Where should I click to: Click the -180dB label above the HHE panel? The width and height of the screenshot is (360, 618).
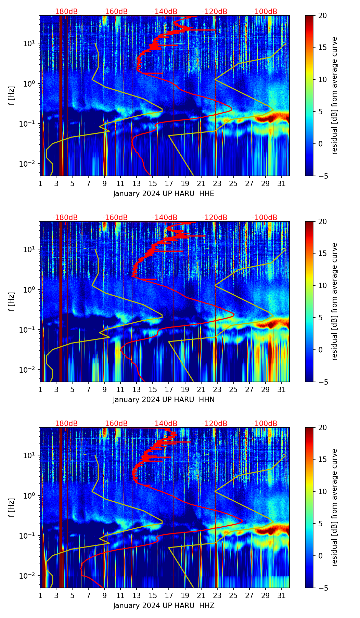click(x=65, y=12)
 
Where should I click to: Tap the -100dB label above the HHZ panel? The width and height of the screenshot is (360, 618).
click(x=265, y=424)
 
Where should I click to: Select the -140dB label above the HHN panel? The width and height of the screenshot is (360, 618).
click(x=165, y=218)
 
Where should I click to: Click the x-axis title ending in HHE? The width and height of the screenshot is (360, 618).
click(x=164, y=194)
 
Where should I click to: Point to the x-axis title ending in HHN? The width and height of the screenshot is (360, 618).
click(x=164, y=400)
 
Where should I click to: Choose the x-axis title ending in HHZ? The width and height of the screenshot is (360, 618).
click(x=164, y=606)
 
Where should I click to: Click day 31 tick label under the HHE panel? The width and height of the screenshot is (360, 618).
click(x=282, y=184)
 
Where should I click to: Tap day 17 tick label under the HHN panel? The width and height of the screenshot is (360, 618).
click(x=169, y=390)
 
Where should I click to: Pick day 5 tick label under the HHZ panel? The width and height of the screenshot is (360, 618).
click(x=72, y=596)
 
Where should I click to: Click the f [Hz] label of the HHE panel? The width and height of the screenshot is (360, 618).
click(x=12, y=95)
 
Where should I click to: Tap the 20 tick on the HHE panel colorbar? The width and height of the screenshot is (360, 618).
click(x=322, y=16)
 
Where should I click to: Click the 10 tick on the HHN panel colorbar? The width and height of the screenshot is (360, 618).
click(x=322, y=285)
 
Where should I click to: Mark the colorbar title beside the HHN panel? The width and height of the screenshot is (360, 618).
click(x=335, y=301)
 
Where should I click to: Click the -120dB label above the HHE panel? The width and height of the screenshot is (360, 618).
click(x=215, y=12)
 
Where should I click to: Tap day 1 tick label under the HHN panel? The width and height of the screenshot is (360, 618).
click(x=40, y=390)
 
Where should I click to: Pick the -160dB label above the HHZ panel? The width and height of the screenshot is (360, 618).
click(x=115, y=424)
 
